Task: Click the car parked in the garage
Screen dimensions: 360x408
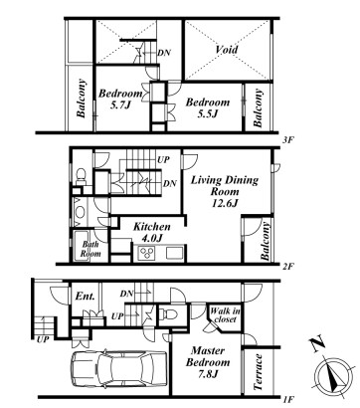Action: coord(118,368)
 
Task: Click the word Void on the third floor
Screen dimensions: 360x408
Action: coord(227,50)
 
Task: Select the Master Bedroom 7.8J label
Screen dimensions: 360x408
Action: coord(208,362)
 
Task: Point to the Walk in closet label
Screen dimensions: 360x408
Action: coord(226,315)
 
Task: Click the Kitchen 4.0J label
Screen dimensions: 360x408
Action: coord(152,232)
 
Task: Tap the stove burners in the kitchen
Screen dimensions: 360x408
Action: coord(147,254)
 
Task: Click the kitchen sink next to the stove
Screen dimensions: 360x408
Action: coord(174,253)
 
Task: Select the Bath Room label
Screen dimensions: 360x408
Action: coord(90,249)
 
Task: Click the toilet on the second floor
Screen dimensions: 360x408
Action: coord(81,176)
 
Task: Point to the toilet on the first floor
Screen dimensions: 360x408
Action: coord(168,313)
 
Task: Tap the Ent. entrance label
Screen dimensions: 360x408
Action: coord(85,296)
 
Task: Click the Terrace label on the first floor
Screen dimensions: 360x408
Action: coord(258,373)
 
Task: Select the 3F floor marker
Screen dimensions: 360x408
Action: coord(287,140)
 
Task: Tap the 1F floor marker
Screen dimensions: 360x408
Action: coord(287,400)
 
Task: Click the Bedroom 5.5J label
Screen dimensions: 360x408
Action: coord(208,107)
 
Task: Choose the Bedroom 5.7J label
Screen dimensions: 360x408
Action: coord(120,99)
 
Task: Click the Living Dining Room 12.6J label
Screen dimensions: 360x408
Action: coord(225,191)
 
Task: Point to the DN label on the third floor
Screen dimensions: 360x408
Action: coord(164,53)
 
